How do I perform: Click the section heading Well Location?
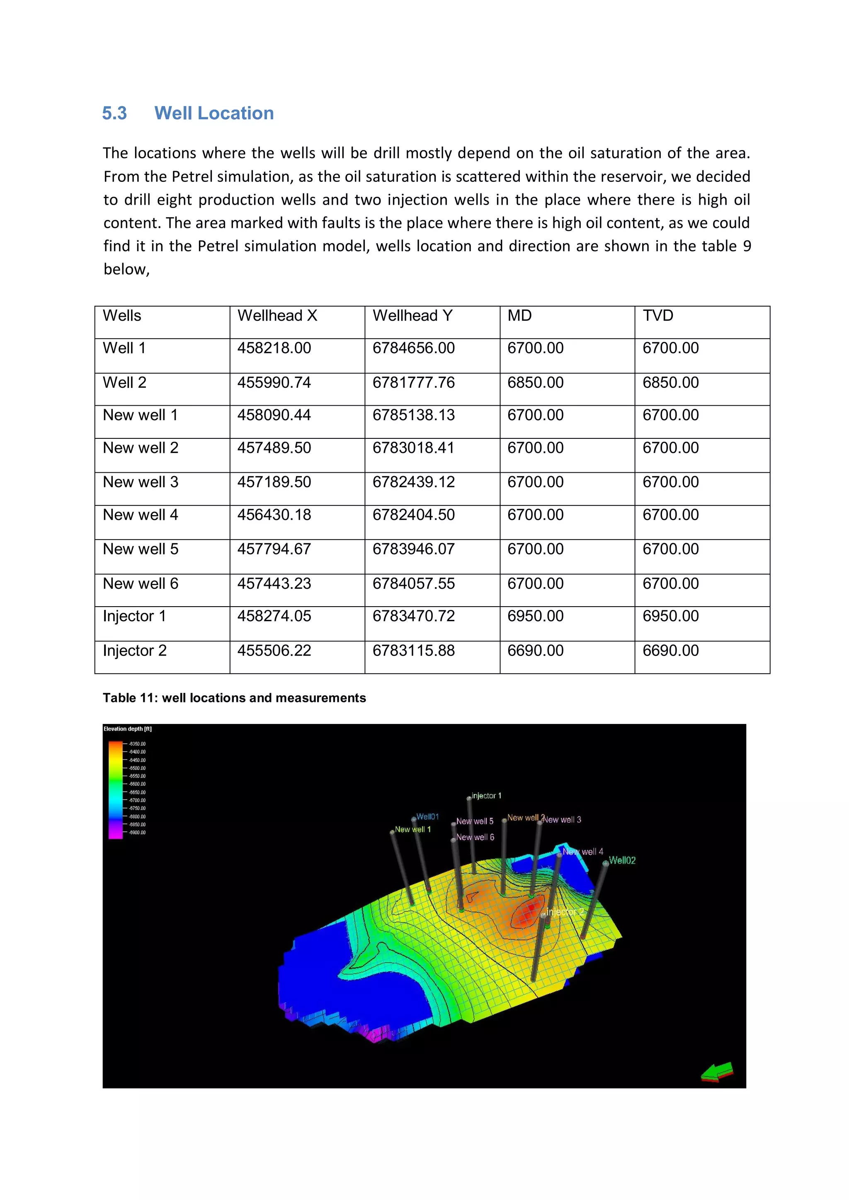214,114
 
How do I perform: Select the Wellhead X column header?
277,316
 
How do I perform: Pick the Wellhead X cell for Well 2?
274,382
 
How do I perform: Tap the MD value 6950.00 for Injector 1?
535,616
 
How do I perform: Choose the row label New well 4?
140,515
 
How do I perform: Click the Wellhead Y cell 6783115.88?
414,651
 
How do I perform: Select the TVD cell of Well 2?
670,382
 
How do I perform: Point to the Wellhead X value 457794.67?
274,549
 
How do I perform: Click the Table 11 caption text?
234,698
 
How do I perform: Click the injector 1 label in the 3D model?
486,796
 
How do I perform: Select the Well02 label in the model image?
622,860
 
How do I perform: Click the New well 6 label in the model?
475,837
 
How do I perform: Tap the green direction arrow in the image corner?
717,1072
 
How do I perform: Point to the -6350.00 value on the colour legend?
138,744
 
